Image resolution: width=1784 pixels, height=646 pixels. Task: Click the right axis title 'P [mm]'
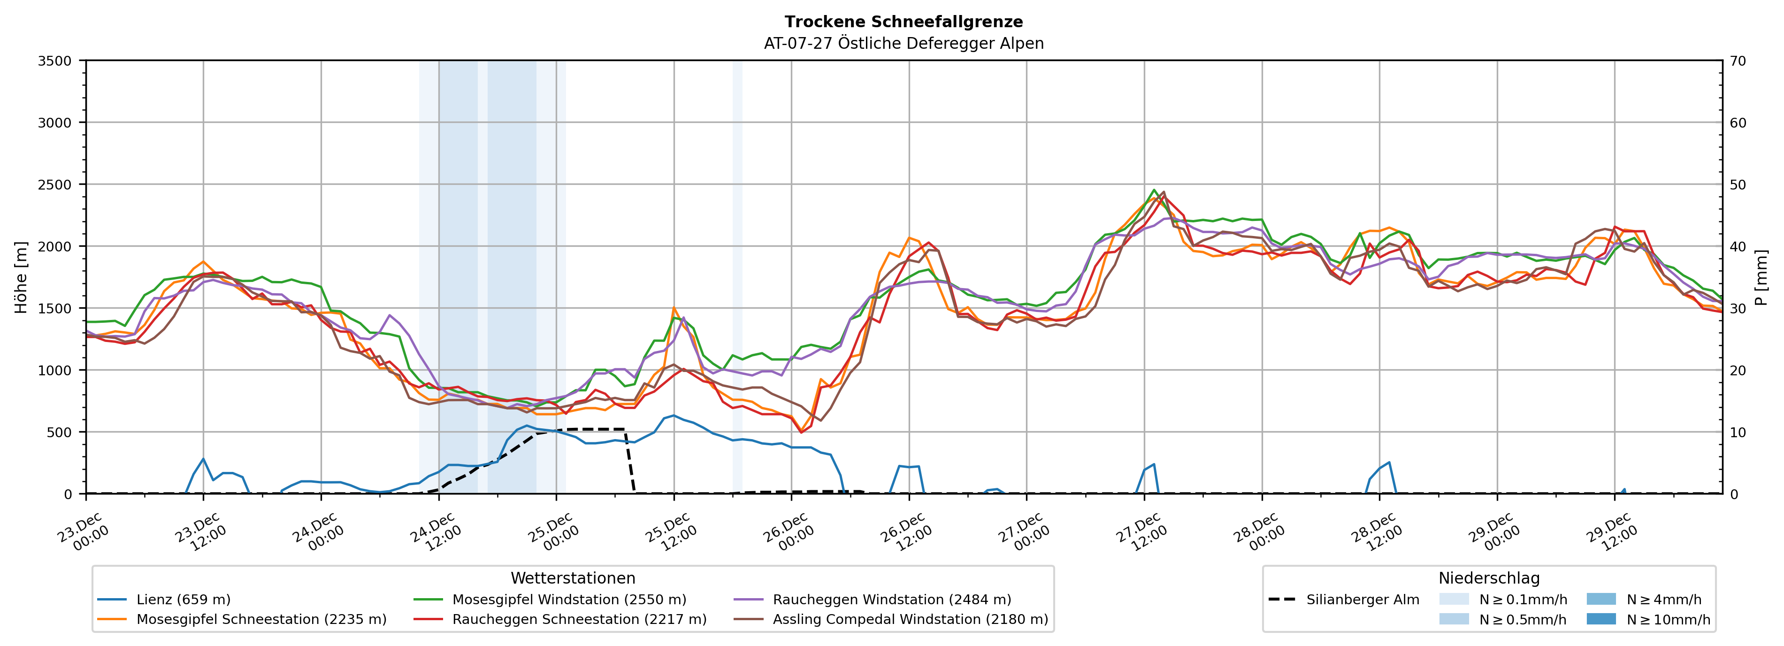pyautogui.click(x=1761, y=277)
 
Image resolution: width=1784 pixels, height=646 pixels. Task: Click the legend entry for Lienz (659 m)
pyautogui.click(x=183, y=600)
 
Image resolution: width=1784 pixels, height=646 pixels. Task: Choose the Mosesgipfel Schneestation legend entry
pyautogui.click(x=261, y=619)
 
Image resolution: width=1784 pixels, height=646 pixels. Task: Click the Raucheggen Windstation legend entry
pyautogui.click(x=891, y=600)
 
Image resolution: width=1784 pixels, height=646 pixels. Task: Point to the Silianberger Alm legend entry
pyautogui.click(x=1362, y=600)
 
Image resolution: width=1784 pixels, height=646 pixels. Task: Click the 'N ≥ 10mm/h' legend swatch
pyautogui.click(x=1601, y=619)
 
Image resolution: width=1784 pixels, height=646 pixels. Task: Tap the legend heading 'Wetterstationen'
pyautogui.click(x=573, y=578)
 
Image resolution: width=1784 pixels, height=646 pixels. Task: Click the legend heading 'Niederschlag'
pyautogui.click(x=1489, y=578)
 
